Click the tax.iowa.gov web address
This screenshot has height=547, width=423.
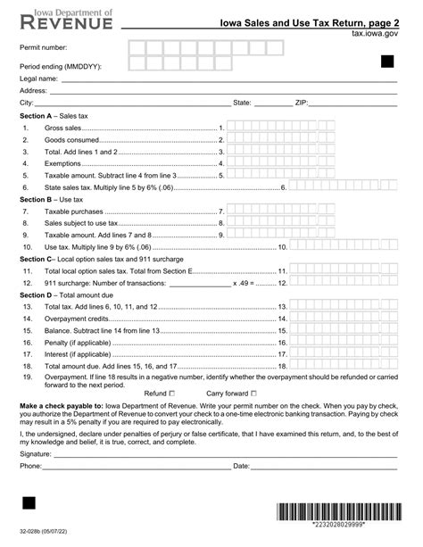click(375, 32)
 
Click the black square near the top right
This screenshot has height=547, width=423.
click(387, 61)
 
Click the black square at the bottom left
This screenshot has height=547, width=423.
click(28, 505)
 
